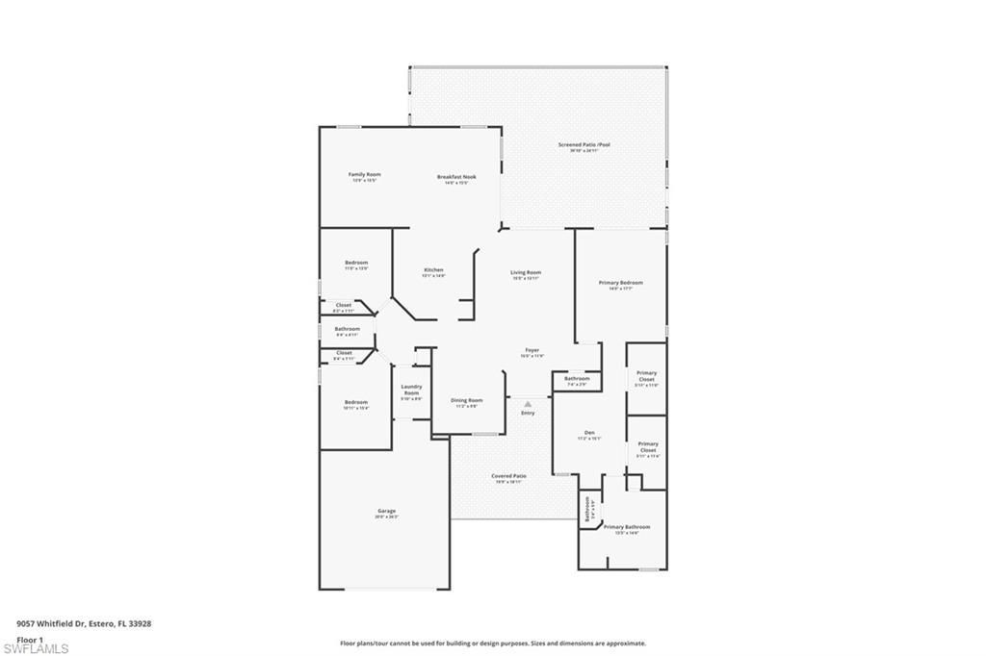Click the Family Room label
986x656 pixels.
[x=365, y=175]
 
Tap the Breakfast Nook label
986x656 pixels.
[x=456, y=177]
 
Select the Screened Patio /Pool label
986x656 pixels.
[x=584, y=145]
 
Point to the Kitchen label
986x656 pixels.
[x=433, y=270]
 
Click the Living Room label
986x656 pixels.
[x=526, y=273]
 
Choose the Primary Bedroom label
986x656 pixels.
[x=620, y=283]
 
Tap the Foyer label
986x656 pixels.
[x=532, y=350]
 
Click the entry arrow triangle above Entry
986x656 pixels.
[x=528, y=405]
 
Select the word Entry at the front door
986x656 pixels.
[x=528, y=414]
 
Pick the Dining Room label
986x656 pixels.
[x=467, y=400]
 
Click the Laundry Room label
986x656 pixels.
[x=411, y=390]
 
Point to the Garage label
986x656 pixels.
[x=386, y=512]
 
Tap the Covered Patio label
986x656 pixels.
[x=508, y=476]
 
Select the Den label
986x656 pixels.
[x=589, y=432]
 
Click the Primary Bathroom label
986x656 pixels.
[x=627, y=527]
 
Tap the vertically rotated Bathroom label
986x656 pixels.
[x=587, y=508]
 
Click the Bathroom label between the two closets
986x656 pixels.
[x=348, y=329]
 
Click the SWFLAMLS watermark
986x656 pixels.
[x=36, y=648]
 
